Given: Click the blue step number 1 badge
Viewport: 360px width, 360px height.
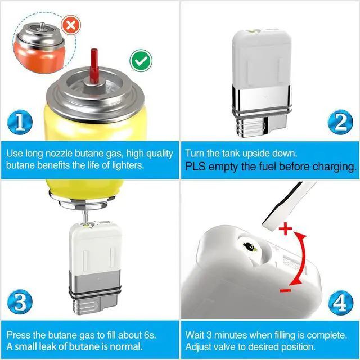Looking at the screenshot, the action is [20, 122].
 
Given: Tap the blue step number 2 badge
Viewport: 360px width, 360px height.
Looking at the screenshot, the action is [340, 122].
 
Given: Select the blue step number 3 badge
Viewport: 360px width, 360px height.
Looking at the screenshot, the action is [20, 301].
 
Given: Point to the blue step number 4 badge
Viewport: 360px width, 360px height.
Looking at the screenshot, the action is [341, 303].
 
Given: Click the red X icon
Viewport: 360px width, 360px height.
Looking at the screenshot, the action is [71, 25].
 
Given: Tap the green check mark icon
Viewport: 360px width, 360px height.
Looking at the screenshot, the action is [141, 61].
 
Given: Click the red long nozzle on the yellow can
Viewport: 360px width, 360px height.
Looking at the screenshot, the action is [94, 65].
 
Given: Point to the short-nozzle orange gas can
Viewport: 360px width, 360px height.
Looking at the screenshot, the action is [39, 47].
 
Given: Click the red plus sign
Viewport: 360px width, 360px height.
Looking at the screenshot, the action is [285, 228].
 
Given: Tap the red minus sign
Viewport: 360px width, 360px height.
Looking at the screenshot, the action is [285, 291].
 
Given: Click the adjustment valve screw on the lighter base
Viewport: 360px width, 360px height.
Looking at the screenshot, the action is [250, 247].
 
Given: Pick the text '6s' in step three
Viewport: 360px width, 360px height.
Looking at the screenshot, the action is [150, 335].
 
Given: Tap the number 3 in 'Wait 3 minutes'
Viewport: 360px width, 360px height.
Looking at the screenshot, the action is [209, 335].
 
